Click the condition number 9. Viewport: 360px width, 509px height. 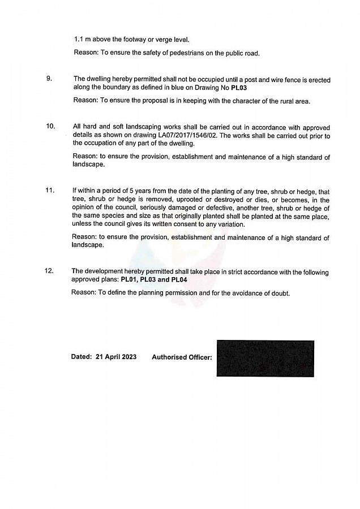[49, 79]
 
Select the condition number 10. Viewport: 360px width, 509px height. [50, 126]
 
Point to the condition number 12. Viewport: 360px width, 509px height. [49, 271]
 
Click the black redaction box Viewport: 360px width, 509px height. [265, 358]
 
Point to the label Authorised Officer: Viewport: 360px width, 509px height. [182, 357]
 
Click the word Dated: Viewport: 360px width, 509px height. [81, 357]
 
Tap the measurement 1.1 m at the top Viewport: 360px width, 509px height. [83, 40]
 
